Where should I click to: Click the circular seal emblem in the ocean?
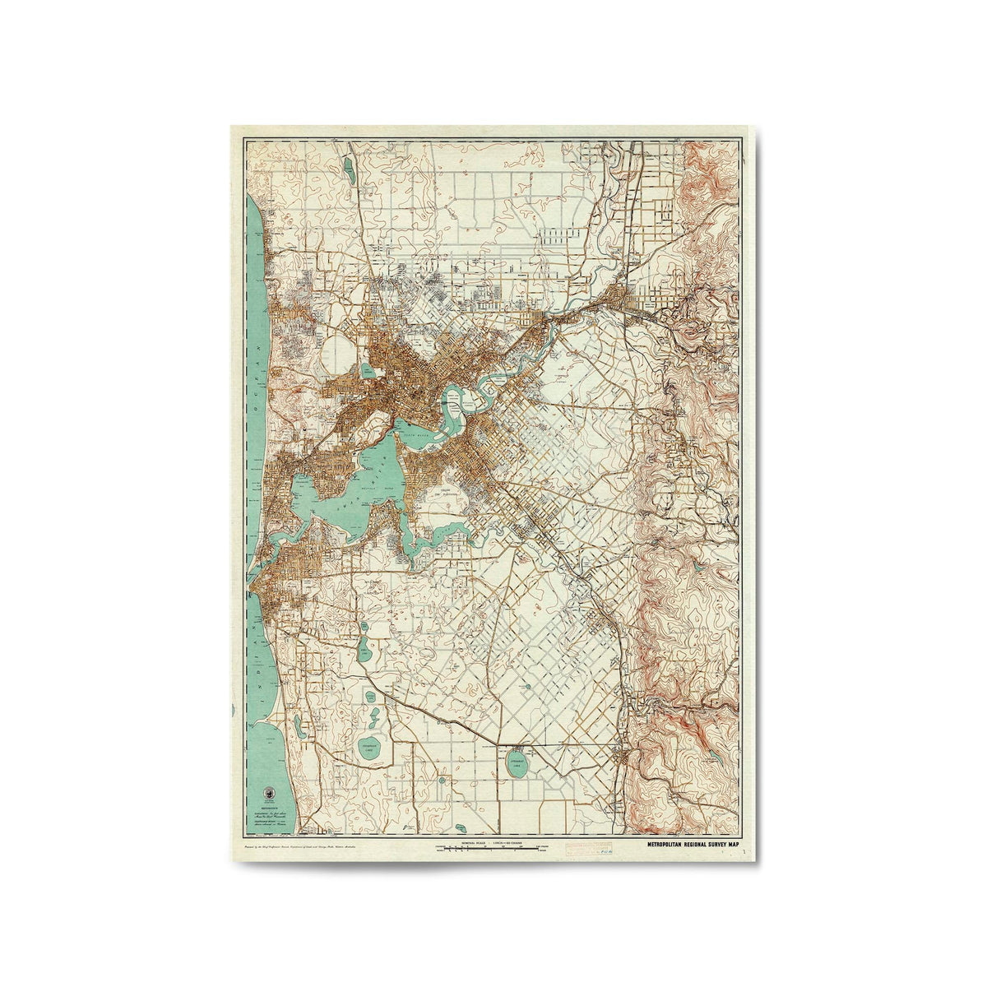tap(266, 793)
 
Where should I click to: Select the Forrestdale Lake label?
tap(517, 762)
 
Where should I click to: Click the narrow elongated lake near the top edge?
tap(350, 171)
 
